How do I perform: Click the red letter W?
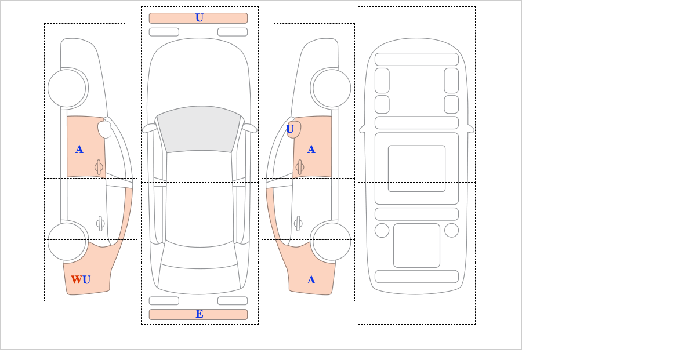tap(77, 279)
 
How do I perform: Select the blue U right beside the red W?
tap(86, 279)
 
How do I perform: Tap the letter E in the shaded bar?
tap(200, 314)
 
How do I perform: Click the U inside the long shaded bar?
tap(200, 18)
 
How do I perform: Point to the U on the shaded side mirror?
tap(290, 129)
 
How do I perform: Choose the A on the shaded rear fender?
tap(311, 280)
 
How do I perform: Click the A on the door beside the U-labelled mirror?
tap(311, 150)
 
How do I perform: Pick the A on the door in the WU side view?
tap(79, 150)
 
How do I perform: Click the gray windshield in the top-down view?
tap(199, 129)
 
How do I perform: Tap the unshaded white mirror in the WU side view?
tap(104, 129)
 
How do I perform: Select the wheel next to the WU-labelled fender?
tap(67, 241)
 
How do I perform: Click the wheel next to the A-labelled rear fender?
tap(332, 241)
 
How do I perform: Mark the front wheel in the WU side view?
tap(67, 88)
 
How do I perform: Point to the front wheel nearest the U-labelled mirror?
tap(332, 88)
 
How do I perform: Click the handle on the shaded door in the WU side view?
tap(99, 167)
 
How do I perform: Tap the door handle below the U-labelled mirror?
tap(300, 167)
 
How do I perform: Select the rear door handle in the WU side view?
tap(100, 223)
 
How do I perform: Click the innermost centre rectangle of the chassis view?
tap(416, 168)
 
